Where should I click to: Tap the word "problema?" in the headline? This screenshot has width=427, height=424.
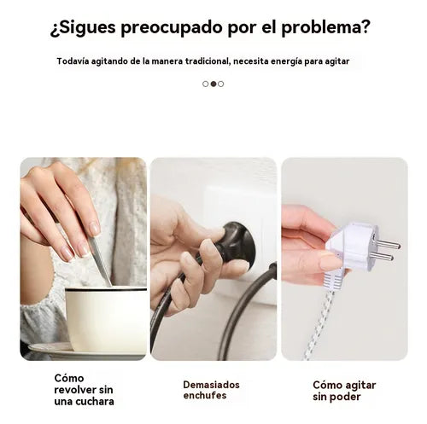[325, 28]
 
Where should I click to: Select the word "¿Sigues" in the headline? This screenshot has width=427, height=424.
[83, 28]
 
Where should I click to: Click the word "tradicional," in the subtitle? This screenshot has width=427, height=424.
[208, 61]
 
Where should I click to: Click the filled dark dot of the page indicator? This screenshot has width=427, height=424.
[213, 84]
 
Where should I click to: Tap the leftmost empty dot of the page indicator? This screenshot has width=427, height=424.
[206, 84]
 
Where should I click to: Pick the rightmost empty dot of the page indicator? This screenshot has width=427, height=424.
[221, 84]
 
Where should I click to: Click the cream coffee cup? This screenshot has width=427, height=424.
[106, 319]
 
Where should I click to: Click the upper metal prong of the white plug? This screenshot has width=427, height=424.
[388, 244]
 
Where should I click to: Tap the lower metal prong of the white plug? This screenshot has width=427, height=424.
[382, 257]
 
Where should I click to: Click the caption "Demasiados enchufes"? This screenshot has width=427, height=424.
[211, 390]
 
